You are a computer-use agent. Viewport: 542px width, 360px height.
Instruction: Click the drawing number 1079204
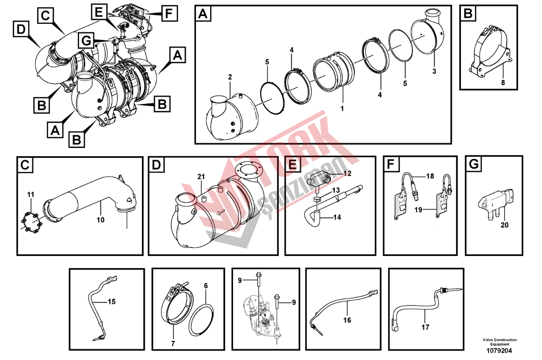coord(499,351)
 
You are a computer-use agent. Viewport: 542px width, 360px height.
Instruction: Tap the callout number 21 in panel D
coord(201,177)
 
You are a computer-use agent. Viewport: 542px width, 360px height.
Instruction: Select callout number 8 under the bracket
coord(503,82)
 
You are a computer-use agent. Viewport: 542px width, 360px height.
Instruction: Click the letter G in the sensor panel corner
coord(474,164)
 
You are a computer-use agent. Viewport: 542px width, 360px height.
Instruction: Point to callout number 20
coord(504,225)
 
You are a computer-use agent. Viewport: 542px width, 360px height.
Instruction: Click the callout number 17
coord(426,327)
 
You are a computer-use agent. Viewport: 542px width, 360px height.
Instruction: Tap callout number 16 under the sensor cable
coord(347,320)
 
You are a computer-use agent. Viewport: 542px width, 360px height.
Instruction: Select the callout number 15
coord(112,302)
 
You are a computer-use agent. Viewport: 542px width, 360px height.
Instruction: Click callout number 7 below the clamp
coord(173,344)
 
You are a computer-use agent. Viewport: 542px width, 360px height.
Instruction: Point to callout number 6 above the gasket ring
coord(206,286)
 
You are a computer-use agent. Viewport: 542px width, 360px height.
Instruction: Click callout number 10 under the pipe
coord(101,220)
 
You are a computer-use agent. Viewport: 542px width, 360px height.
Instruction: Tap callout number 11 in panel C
coord(31,195)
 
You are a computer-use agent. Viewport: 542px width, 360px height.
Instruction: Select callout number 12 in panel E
coord(347,173)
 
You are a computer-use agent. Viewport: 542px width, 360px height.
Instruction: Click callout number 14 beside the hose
coord(337,217)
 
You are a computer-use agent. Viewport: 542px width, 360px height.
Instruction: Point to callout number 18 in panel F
coord(430,176)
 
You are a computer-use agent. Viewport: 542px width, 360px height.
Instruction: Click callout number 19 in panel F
coord(418,210)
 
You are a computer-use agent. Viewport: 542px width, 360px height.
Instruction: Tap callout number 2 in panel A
coord(230,77)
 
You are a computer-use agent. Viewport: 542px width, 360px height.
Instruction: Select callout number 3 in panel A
coord(434,71)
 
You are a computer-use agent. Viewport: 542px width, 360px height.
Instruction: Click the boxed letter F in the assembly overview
coord(169,13)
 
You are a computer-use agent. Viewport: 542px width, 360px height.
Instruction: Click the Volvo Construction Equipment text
coord(500,342)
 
